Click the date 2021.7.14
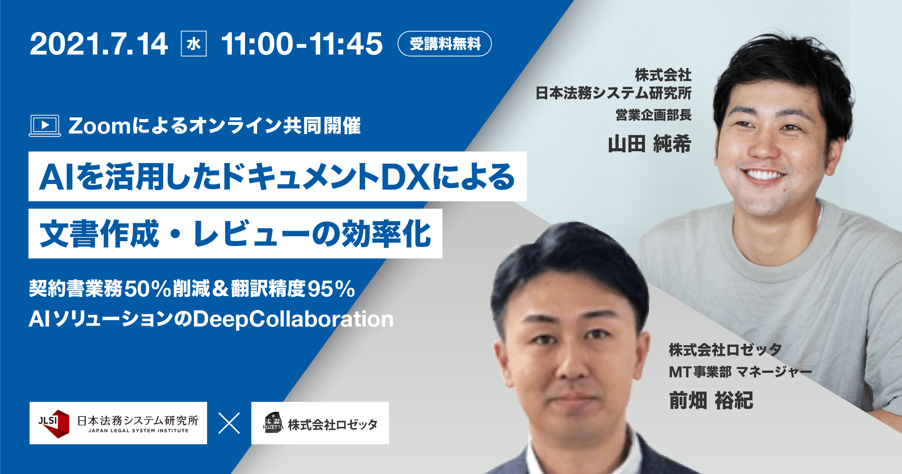99,44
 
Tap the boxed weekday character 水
194,44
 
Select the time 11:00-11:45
302,44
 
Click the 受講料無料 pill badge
445,44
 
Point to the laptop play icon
45,126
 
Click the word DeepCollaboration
293,319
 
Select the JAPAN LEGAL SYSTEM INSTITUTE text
138,431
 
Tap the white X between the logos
229,424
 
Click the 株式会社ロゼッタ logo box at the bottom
320,423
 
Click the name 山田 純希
650,144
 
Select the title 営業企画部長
654,115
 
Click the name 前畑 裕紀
711,400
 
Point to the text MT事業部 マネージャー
740,372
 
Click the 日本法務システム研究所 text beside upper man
613,93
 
